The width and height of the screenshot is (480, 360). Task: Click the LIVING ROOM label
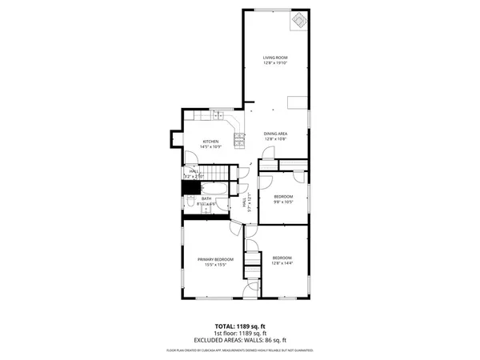tap(275, 58)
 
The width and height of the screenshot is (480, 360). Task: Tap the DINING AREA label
tap(275, 134)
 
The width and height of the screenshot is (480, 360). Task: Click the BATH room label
tap(206, 198)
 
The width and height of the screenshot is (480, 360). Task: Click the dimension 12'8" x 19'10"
tap(275, 63)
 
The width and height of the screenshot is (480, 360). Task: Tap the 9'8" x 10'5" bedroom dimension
tap(283, 202)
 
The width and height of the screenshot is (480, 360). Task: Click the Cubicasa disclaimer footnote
tap(240, 350)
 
